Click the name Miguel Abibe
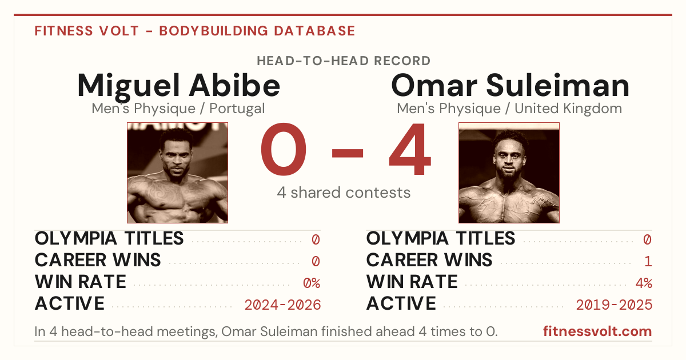(178, 86)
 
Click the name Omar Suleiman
(510, 85)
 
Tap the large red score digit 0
(284, 149)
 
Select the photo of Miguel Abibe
(178, 173)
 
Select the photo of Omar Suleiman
(509, 173)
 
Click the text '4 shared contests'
(344, 193)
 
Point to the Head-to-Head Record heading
(344, 61)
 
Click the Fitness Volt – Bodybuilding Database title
(195, 31)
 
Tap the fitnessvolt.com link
(597, 331)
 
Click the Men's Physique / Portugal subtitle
(178, 109)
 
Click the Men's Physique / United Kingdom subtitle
(509, 109)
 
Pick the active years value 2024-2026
(282, 305)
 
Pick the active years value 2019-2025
(615, 305)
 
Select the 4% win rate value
(644, 283)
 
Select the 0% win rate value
(312, 283)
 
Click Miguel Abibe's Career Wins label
(98, 260)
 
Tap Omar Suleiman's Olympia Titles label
(441, 238)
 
